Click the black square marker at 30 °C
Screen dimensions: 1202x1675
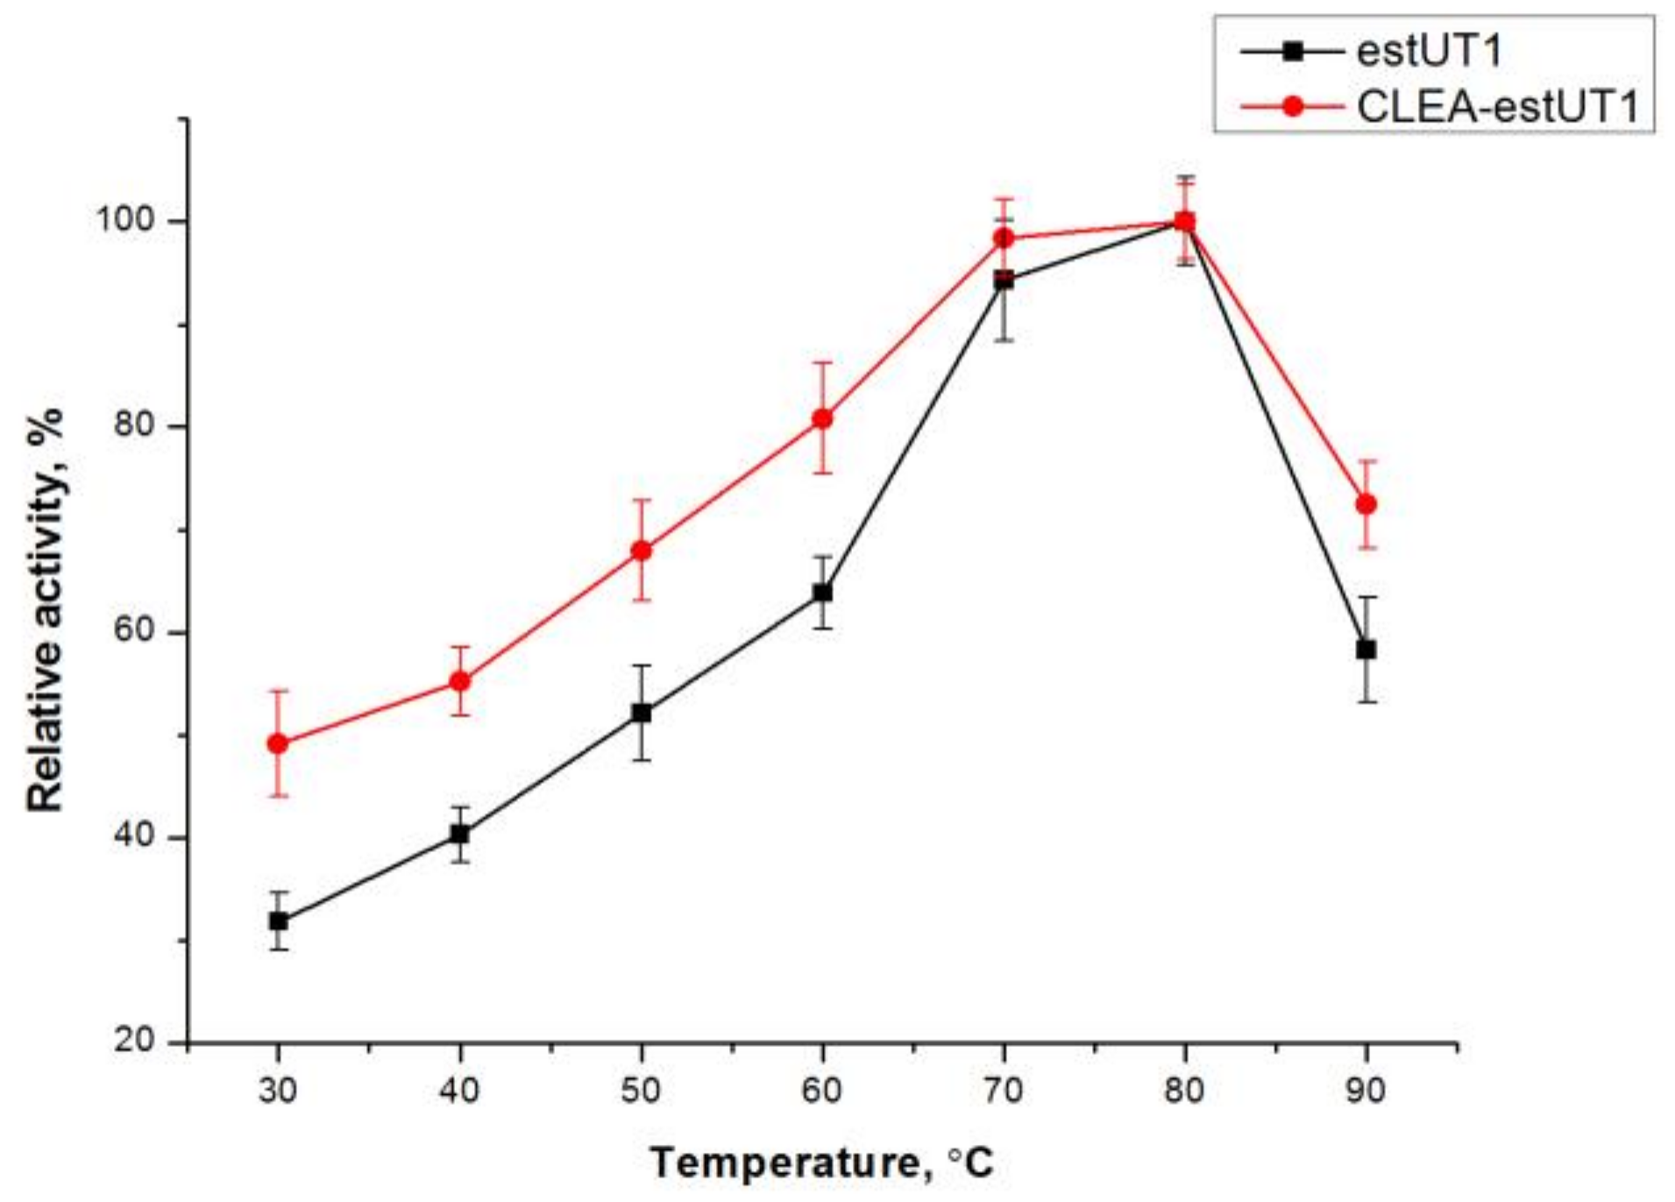279,921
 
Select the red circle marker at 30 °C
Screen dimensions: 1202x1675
278,743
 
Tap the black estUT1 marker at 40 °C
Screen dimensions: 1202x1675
460,834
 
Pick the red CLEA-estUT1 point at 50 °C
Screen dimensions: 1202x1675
642,550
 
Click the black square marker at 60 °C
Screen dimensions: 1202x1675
822,593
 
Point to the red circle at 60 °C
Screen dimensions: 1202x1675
822,418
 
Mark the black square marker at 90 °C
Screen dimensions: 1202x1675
1366,650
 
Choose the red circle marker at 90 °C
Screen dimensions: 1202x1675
1366,504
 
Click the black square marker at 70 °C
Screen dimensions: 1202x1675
1004,281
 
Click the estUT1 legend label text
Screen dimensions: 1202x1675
1430,52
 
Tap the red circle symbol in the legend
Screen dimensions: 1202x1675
1292,107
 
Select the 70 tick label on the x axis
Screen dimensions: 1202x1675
1004,1090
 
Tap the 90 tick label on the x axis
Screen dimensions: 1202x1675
1366,1090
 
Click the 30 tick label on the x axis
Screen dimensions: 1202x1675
278,1090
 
